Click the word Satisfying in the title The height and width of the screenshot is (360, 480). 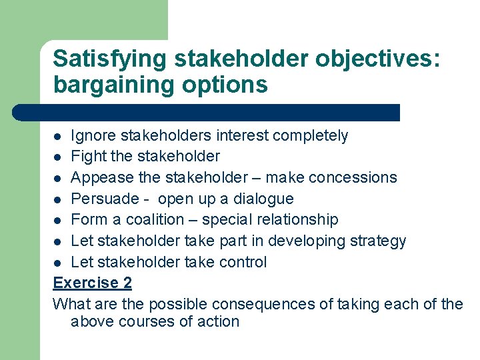(x=109, y=59)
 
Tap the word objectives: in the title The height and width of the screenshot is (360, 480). (x=377, y=59)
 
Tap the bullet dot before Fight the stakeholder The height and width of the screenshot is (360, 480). (x=59, y=157)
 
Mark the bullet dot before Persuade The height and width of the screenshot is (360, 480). (x=59, y=199)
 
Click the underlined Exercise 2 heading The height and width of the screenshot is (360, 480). (x=92, y=283)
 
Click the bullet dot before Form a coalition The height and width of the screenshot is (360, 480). (x=59, y=220)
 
